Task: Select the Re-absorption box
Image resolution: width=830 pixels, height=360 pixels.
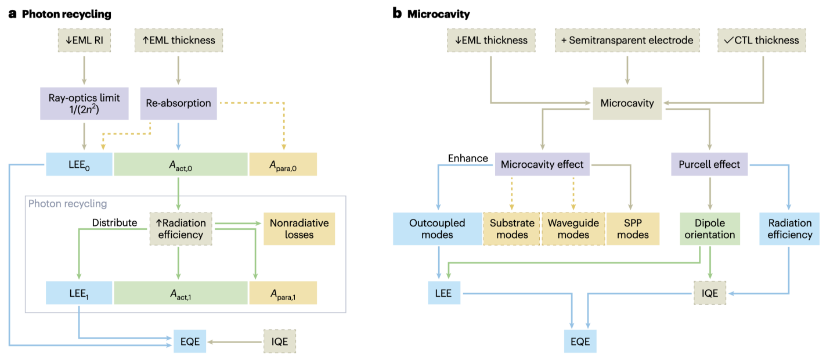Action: click(x=179, y=103)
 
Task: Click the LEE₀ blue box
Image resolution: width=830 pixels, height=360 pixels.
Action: click(x=79, y=164)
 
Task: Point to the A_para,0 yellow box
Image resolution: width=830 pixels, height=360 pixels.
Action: click(x=283, y=164)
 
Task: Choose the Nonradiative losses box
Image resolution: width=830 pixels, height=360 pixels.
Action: click(x=299, y=229)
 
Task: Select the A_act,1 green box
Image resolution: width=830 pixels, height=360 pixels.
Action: click(x=181, y=293)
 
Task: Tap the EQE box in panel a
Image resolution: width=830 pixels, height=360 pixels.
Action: click(x=190, y=341)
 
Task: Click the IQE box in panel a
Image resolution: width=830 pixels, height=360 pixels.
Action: click(x=279, y=341)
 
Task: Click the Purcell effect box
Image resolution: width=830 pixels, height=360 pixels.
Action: click(x=709, y=164)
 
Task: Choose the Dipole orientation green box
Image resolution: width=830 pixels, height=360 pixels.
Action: click(x=709, y=229)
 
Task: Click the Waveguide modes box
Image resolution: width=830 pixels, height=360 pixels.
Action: click(x=573, y=229)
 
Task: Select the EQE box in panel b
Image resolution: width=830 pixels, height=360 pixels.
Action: click(x=580, y=341)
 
